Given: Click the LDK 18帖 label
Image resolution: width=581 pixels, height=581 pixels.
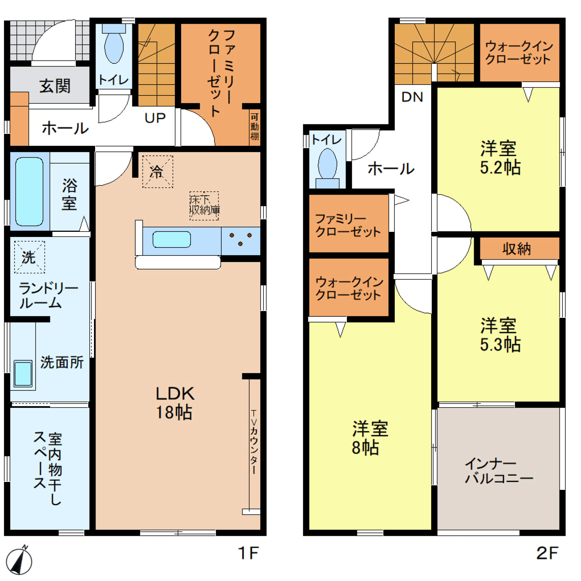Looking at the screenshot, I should point(175,403).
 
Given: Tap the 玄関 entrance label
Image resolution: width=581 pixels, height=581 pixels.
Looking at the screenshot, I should point(55,86).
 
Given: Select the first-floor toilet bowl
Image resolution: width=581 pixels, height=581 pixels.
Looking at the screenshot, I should point(114,47).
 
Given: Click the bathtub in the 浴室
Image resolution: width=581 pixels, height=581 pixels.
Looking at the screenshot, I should point(29,191).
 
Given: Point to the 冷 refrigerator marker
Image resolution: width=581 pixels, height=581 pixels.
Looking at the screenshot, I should point(157,172).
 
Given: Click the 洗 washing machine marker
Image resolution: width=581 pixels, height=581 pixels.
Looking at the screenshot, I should point(29,257).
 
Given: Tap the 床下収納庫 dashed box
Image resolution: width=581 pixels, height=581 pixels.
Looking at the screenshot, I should point(204,206).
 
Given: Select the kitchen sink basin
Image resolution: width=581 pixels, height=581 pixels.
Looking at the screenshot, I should point(171,239).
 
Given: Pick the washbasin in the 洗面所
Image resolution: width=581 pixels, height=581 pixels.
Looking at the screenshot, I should point(23,373).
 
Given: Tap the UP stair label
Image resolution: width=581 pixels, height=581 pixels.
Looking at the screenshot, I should point(155,118).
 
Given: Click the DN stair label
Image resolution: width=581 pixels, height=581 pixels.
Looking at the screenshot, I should point(412,97).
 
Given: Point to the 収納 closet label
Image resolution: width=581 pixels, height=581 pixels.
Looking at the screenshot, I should point(516,249).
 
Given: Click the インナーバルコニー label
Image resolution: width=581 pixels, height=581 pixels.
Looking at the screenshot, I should point(499,471).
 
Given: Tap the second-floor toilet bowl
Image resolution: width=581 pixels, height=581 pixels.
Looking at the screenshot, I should point(327,164).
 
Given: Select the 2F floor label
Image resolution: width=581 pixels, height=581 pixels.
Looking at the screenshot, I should point(547,553).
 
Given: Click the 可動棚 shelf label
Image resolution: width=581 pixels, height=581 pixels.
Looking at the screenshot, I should point(254,126).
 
